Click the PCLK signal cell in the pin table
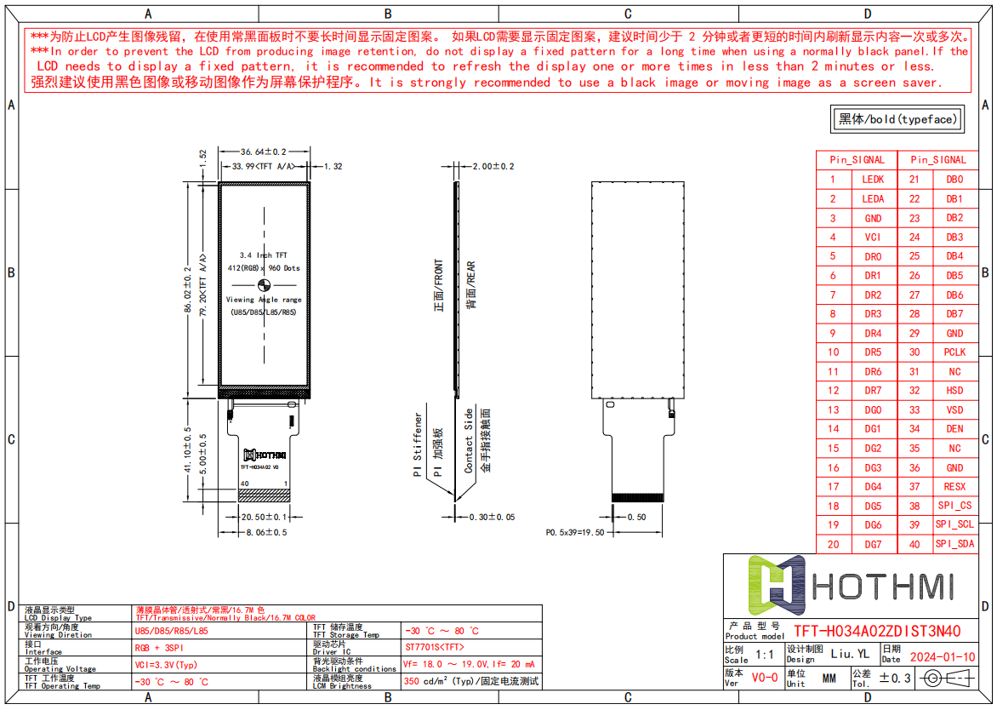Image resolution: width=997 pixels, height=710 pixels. pyautogui.click(x=954, y=352)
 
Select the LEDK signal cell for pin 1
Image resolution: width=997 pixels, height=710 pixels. pyautogui.click(x=873, y=179)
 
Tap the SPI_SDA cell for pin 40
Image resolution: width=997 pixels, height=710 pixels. pyautogui.click(x=954, y=544)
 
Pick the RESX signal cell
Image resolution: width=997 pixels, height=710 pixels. pyautogui.click(x=954, y=487)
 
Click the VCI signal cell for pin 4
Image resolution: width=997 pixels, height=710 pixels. pyautogui.click(x=873, y=237)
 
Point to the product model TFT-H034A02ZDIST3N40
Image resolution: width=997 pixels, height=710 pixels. pyautogui.click(x=877, y=631)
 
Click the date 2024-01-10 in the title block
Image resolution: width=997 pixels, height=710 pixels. pyautogui.click(x=943, y=656)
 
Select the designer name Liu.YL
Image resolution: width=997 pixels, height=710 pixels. pyautogui.click(x=849, y=655)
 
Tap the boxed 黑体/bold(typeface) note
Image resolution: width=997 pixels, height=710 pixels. pyautogui.click(x=897, y=119)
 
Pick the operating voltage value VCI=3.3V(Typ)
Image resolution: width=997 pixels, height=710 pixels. pyautogui.click(x=166, y=664)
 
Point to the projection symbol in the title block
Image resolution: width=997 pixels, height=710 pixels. pyautogui.click(x=947, y=678)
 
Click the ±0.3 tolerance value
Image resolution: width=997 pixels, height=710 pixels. pyautogui.click(x=894, y=678)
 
